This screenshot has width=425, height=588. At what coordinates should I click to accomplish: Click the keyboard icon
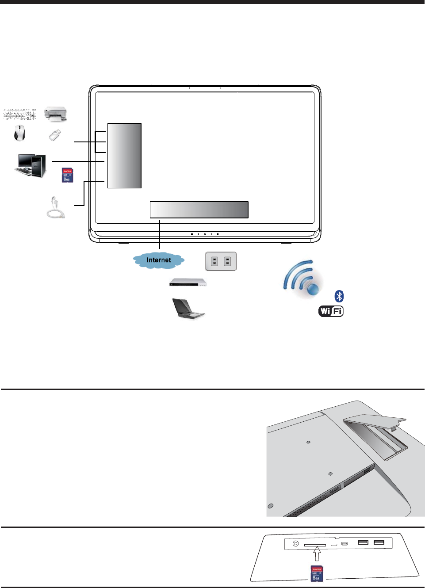pyautogui.click(x=20, y=114)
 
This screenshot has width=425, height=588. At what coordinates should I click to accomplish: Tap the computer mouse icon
pyautogui.click(x=19, y=133)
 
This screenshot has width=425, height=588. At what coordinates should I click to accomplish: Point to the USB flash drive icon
pyautogui.click(x=54, y=135)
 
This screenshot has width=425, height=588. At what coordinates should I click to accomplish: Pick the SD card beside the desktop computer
pyautogui.click(x=67, y=175)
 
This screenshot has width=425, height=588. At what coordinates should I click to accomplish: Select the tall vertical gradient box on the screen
pyautogui.click(x=124, y=156)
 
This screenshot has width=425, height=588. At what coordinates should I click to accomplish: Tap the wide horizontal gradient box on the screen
pyautogui.click(x=199, y=210)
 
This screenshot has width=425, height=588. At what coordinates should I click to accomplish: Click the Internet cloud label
pyautogui.click(x=159, y=260)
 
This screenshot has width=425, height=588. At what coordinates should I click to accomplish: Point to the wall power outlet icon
pyautogui.click(x=221, y=261)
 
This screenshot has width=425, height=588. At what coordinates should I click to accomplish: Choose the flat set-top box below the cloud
pyautogui.click(x=188, y=283)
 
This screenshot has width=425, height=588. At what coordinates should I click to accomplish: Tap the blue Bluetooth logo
pyautogui.click(x=339, y=296)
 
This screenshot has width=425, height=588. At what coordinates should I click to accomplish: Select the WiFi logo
pyautogui.click(x=331, y=311)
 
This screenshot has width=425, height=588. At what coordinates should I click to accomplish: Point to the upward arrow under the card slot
pyautogui.click(x=317, y=554)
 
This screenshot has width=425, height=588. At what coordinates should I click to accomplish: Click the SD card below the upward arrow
pyautogui.click(x=317, y=573)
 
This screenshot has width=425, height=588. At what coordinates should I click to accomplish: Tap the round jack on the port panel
pyautogui.click(x=295, y=544)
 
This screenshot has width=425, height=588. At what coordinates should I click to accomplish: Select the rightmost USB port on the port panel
pyautogui.click(x=379, y=542)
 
